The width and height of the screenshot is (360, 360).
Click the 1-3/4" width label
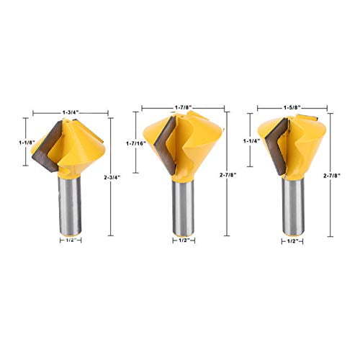tap(70, 112)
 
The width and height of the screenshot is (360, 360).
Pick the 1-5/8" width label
tap(292, 112)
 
